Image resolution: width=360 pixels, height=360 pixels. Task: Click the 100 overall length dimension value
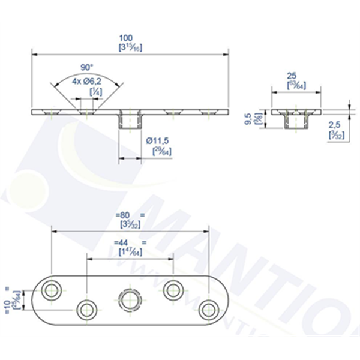click(x=126, y=37)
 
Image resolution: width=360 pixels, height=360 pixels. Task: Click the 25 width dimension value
click(x=292, y=76)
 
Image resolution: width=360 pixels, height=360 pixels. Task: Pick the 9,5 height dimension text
click(x=248, y=118)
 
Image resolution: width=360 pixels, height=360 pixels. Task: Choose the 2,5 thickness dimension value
click(x=336, y=125)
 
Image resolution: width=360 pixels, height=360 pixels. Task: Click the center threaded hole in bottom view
click(x=130, y=299)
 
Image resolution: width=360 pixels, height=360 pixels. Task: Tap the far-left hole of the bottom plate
click(x=52, y=290)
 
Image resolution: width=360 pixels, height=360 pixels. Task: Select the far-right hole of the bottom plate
click(x=209, y=309)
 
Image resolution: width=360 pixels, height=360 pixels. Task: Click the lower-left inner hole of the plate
click(x=87, y=309)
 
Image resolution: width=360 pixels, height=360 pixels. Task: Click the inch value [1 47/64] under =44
click(x=130, y=251)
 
